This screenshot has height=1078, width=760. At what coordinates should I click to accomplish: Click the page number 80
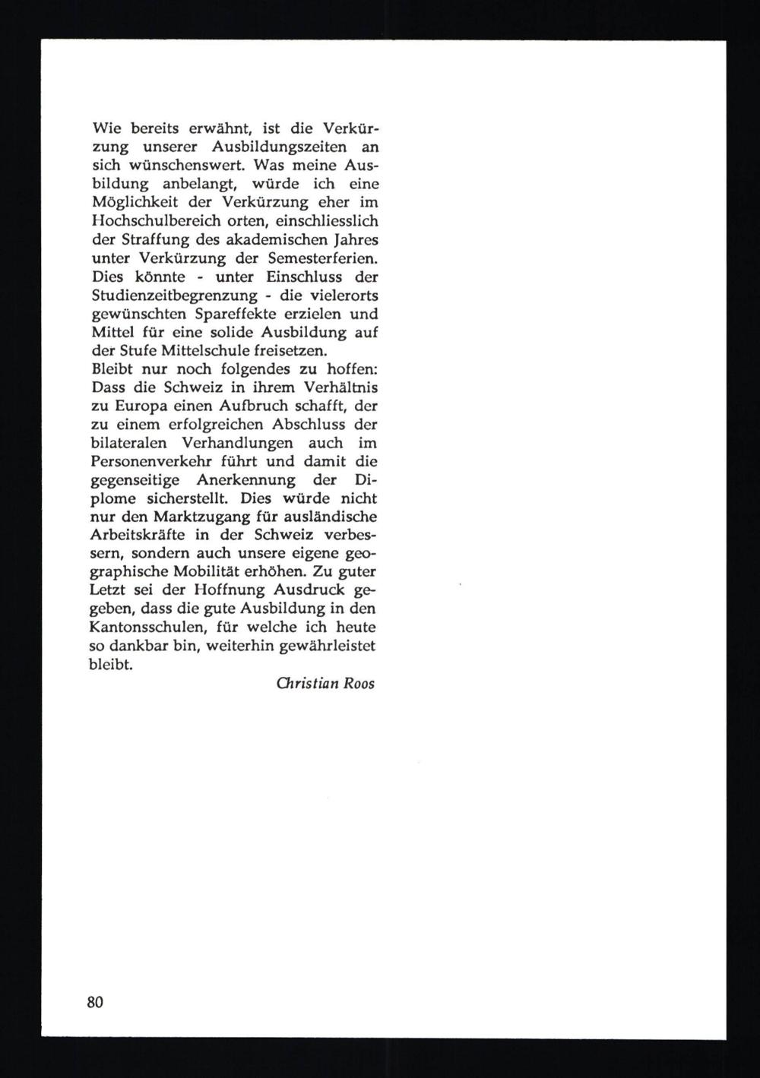tap(95, 1001)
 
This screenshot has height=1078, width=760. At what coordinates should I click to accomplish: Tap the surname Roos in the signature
tap(359, 683)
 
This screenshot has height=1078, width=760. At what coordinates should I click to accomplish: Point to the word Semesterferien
tap(326, 258)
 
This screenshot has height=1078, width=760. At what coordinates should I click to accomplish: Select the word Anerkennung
tap(245, 481)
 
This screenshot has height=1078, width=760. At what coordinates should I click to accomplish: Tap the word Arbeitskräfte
tap(136, 536)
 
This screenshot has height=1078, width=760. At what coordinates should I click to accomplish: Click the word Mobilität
tap(214, 573)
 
